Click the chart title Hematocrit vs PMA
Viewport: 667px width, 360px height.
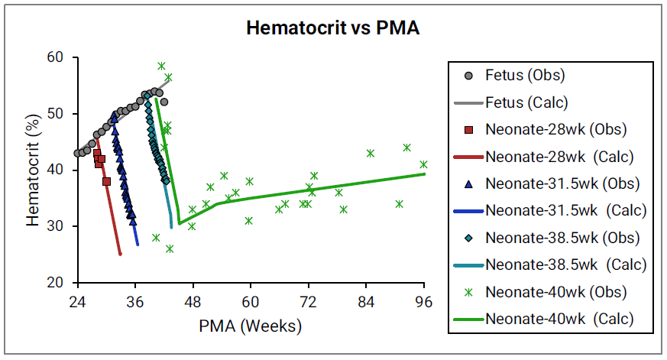point(332,29)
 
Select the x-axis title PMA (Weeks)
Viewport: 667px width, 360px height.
point(251,326)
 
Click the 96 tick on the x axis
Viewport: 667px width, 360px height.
point(425,299)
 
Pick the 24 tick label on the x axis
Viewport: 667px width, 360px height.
point(77,299)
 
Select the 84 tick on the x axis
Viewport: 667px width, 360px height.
point(367,299)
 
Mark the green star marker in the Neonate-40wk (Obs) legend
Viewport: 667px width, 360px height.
point(469,291)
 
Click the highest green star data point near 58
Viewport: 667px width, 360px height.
point(161,66)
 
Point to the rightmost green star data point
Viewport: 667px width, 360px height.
point(424,164)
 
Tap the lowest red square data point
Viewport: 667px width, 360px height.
point(106,181)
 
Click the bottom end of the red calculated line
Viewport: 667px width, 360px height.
point(120,254)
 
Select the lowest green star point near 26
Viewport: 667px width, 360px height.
point(170,248)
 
